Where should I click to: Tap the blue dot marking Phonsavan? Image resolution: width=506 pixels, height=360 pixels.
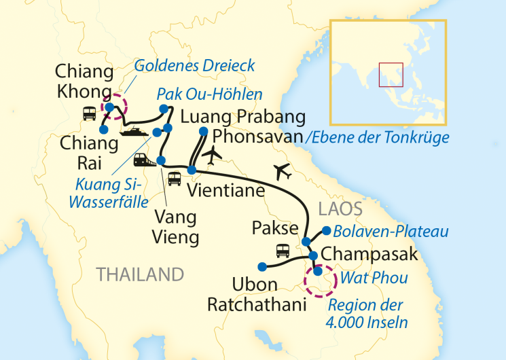click(x=203, y=131)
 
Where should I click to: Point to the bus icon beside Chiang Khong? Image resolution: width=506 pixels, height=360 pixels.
click(x=89, y=113)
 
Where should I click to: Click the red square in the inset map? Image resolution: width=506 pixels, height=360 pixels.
click(x=391, y=74)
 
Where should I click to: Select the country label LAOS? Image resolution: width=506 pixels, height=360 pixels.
click(x=340, y=208)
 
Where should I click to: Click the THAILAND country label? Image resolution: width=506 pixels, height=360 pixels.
click(x=140, y=274)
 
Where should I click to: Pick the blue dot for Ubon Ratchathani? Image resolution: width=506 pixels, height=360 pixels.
click(x=260, y=266)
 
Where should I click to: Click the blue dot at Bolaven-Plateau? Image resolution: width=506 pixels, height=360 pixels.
click(x=327, y=230)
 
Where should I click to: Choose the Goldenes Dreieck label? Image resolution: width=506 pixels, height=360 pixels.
click(x=194, y=66)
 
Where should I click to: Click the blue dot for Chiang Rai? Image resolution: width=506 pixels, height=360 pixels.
click(x=103, y=129)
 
